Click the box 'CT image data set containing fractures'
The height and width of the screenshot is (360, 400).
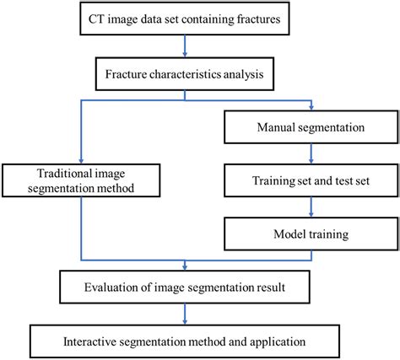click(x=184, y=18)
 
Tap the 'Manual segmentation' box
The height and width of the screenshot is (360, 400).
click(x=311, y=130)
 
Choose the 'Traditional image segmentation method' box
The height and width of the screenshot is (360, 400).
click(x=82, y=182)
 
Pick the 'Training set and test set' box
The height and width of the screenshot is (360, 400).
click(x=311, y=180)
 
